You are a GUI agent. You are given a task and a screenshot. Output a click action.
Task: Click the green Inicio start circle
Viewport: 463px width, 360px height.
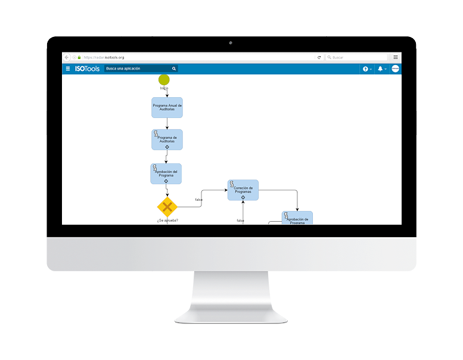coord(164,79)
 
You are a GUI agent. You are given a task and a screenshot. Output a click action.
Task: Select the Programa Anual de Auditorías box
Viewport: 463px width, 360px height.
coord(167,108)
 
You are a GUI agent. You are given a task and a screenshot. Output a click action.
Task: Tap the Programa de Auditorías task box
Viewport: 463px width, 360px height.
coord(167,139)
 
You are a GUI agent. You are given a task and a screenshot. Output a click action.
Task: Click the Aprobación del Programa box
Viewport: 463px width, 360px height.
coord(166,173)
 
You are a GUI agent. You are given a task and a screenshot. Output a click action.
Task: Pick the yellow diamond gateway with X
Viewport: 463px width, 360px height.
coord(167,207)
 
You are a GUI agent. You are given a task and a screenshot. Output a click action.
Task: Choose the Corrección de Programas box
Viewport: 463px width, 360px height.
coord(243,190)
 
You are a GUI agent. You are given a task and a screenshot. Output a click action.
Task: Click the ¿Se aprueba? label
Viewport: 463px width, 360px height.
coord(167,221)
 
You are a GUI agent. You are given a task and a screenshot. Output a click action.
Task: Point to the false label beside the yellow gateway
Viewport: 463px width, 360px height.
coord(199,199)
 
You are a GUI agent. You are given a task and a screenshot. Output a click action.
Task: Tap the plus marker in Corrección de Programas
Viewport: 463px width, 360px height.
coord(243,197)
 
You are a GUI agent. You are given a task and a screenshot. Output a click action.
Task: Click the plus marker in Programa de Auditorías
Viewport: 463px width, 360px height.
coord(167,147)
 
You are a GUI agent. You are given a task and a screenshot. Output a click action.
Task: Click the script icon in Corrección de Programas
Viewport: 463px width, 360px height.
coord(232,183)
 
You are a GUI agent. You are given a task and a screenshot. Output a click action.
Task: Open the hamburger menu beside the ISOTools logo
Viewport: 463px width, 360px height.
coord(67,69)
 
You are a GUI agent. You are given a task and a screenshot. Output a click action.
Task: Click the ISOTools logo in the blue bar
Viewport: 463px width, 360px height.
coord(87,69)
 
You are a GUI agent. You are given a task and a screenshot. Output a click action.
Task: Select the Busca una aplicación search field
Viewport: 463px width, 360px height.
coord(141,69)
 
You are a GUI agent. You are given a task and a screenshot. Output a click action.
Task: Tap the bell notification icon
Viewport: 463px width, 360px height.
coord(380,69)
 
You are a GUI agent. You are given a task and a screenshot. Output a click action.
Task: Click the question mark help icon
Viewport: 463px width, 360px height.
coord(365,69)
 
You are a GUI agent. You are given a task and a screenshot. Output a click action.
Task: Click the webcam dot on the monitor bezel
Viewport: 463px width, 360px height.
coord(231,44)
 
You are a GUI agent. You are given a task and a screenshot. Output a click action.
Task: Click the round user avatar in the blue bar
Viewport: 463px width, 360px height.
coord(395,69)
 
